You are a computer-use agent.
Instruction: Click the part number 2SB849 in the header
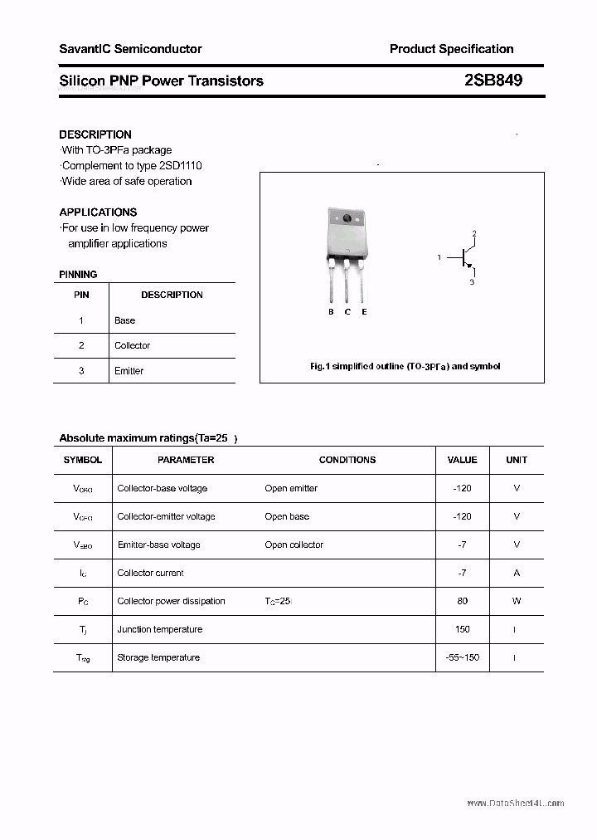click(x=493, y=81)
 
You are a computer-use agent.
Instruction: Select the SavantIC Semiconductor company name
click(x=130, y=49)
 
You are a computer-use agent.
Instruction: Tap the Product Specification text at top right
click(x=451, y=49)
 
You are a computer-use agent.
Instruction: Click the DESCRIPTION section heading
click(x=95, y=134)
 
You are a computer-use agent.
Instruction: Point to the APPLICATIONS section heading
click(x=98, y=212)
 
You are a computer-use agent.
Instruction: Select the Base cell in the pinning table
click(x=124, y=320)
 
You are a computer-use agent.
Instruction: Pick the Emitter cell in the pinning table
click(x=129, y=371)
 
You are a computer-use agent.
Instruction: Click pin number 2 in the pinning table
click(x=81, y=345)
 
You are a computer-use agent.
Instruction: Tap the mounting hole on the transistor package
click(x=347, y=219)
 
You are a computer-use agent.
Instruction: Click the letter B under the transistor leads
click(x=331, y=312)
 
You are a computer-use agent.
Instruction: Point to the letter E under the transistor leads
click(x=364, y=312)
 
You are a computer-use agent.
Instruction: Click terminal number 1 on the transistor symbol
click(x=439, y=258)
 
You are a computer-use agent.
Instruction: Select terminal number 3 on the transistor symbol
click(x=472, y=282)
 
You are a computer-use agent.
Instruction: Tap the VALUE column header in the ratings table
click(x=462, y=460)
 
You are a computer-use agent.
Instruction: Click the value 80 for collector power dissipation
click(x=462, y=601)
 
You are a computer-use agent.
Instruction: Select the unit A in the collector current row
click(x=517, y=573)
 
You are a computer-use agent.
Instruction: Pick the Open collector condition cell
click(x=294, y=545)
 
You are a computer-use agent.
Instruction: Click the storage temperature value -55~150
click(x=462, y=657)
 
